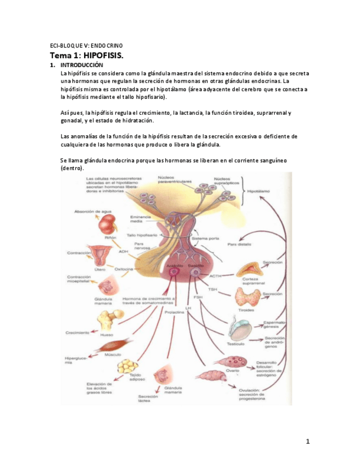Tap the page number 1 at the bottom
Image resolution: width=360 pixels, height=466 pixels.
tap(308, 441)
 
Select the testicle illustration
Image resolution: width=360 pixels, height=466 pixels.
tap(241, 329)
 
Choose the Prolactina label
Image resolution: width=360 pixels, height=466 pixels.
tap(173, 312)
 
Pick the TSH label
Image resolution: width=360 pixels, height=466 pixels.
tap(213, 290)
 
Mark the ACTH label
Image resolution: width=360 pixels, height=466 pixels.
tap(215, 275)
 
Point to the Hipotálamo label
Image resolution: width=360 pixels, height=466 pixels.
tap(258, 192)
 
